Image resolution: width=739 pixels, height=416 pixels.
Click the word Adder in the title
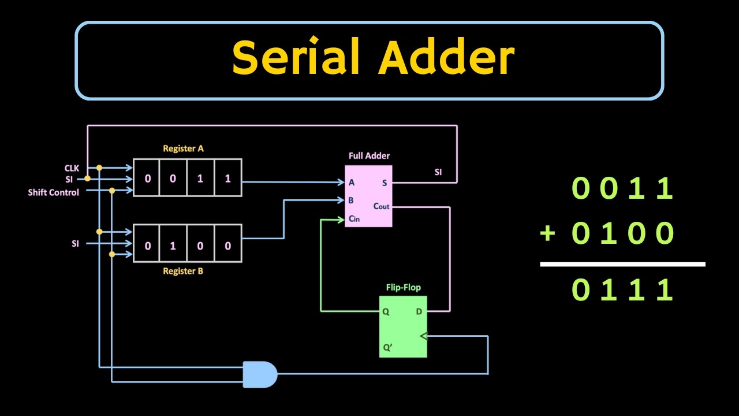pyautogui.click(x=446, y=58)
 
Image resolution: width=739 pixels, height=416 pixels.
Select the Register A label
pyautogui.click(x=183, y=148)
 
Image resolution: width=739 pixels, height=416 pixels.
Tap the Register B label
pyautogui.click(x=183, y=271)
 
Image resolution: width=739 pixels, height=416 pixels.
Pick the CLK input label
pyautogui.click(x=71, y=168)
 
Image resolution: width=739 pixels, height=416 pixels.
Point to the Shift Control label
pyautogui.click(x=53, y=192)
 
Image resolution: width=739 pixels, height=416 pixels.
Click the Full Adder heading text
pyautogui.click(x=369, y=156)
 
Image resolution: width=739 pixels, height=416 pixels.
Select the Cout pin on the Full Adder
pyautogui.click(x=381, y=206)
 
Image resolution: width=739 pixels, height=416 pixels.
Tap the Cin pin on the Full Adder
pyautogui.click(x=354, y=219)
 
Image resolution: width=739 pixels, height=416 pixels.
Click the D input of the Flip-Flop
pyautogui.click(x=419, y=312)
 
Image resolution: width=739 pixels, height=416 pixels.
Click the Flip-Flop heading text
pyautogui.click(x=403, y=287)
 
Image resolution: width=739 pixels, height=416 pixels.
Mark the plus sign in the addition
pyautogui.click(x=547, y=234)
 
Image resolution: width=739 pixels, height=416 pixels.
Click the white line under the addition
pyautogui.click(x=622, y=264)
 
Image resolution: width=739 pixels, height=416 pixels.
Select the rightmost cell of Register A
pyautogui.click(x=227, y=179)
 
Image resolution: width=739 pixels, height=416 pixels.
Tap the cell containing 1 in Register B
pyautogui.click(x=173, y=246)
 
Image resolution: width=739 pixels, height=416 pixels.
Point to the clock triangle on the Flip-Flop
pyautogui.click(x=423, y=336)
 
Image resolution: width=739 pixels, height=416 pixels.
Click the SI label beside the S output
pyautogui.click(x=438, y=172)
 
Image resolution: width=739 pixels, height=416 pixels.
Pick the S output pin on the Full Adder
pyautogui.click(x=385, y=183)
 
